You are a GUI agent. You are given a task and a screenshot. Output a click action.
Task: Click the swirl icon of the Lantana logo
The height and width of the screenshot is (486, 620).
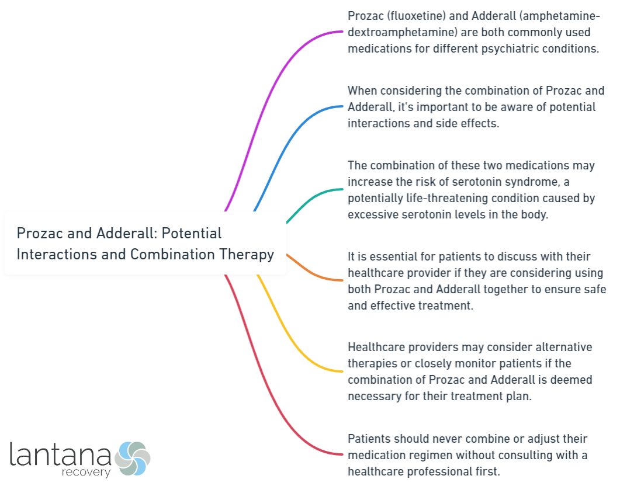pyautogui.click(x=132, y=458)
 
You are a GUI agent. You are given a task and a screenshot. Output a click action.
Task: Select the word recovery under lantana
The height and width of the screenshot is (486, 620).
pyautogui.click(x=86, y=472)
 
